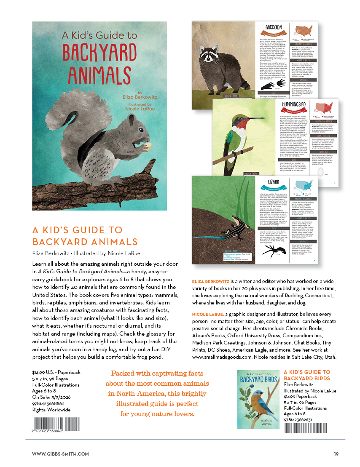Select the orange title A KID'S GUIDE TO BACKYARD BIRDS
point(307,375)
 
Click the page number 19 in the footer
point(336,454)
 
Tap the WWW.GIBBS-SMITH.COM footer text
point(60,454)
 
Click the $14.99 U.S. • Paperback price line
point(56,373)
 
